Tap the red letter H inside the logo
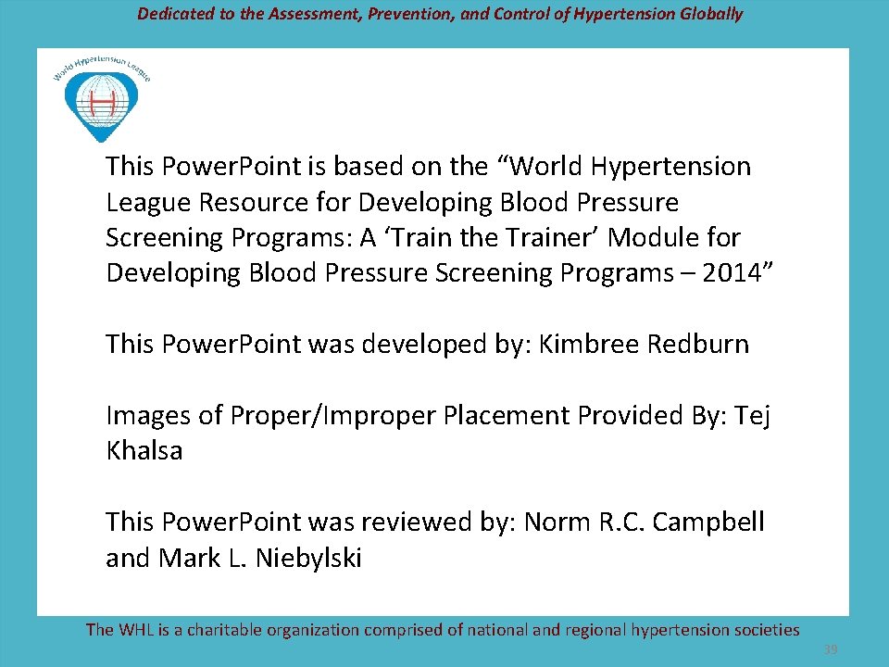(101, 99)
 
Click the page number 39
(832, 650)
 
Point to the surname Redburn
(698, 345)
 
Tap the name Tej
(752, 416)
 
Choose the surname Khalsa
(144, 451)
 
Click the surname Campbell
(708, 522)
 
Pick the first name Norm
(556, 522)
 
